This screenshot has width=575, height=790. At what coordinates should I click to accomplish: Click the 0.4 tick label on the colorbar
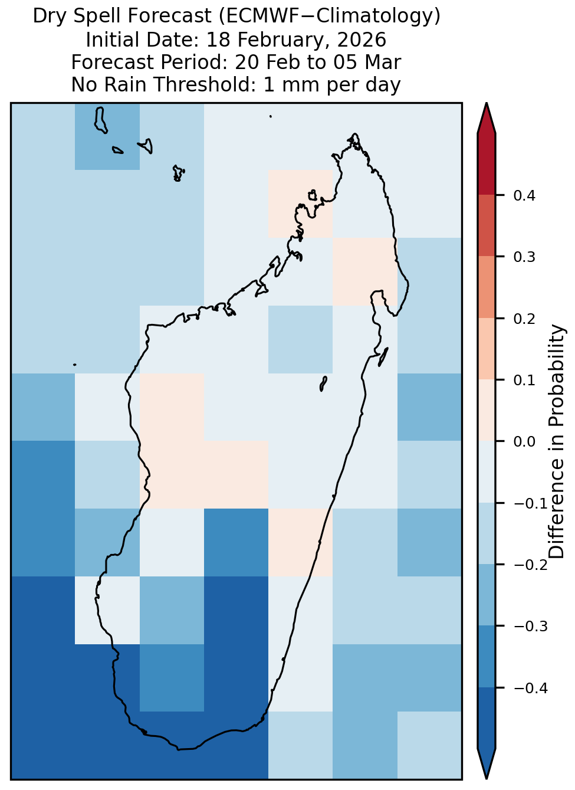524,195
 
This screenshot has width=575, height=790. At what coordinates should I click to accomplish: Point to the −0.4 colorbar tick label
531,688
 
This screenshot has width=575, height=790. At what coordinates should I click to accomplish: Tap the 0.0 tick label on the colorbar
524,441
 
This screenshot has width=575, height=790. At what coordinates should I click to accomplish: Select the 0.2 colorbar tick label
524,319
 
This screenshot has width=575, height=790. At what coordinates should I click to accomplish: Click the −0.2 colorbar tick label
531,565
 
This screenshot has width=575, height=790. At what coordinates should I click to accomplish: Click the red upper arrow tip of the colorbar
487,103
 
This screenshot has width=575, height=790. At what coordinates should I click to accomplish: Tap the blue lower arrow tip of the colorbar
487,778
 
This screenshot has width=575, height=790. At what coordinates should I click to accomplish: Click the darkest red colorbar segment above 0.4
487,165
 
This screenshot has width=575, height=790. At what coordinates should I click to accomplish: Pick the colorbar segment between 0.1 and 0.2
487,349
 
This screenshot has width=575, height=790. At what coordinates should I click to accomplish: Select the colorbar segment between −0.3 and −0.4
487,657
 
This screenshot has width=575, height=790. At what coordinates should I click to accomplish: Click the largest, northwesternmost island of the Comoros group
100,120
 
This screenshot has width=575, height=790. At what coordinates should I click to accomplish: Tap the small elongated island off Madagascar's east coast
383,357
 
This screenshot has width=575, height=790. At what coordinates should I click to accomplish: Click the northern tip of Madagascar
355,134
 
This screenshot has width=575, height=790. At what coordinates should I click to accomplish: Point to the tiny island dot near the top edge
271,116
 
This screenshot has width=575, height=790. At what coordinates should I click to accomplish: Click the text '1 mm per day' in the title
332,84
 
